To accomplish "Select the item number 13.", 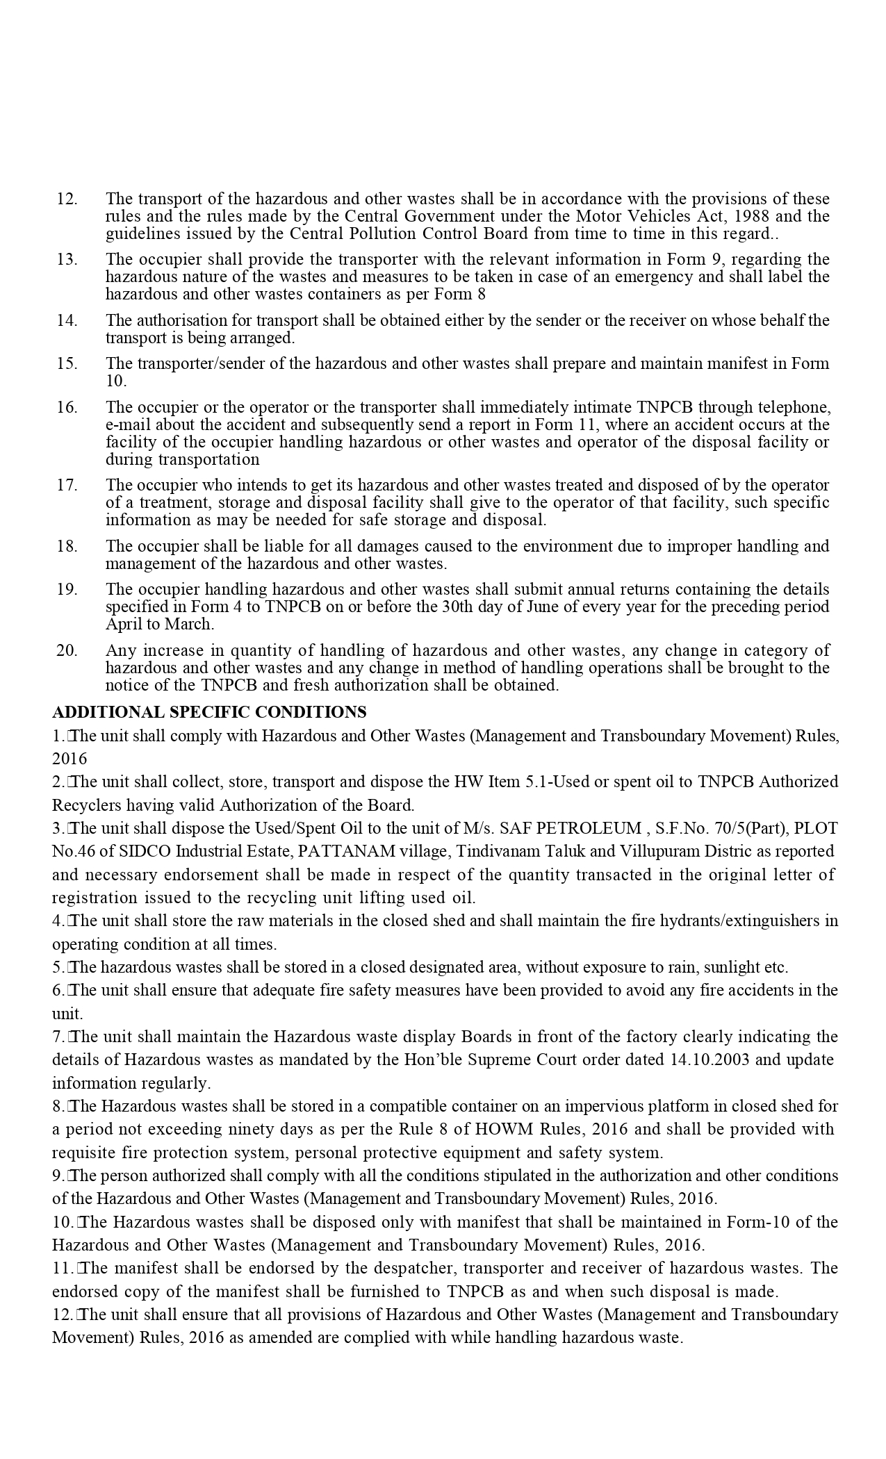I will (67, 259).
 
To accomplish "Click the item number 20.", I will (67, 650).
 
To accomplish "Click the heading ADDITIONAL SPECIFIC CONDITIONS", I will (209, 712).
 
